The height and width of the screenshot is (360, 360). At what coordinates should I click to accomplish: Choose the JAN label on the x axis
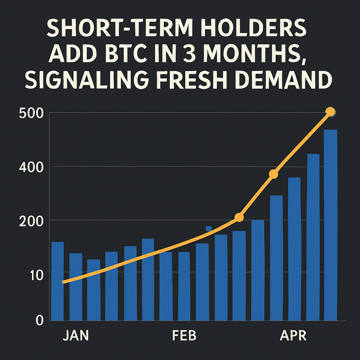pos(76,336)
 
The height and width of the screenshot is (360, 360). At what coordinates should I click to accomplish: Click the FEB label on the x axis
pos(184,336)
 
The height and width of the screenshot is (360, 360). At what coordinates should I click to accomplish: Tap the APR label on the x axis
pos(294,336)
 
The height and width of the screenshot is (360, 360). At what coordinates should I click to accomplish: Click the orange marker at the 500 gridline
pos(330,112)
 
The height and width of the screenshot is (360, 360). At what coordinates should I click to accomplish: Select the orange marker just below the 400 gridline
pos(274,174)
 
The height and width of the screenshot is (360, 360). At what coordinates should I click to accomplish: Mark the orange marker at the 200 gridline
pos(239,218)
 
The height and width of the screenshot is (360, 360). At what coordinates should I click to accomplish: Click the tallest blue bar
pos(330,225)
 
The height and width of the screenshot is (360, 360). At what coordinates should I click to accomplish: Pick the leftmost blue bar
pos(58,281)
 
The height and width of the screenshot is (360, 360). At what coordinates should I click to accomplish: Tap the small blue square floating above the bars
pos(208,229)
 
